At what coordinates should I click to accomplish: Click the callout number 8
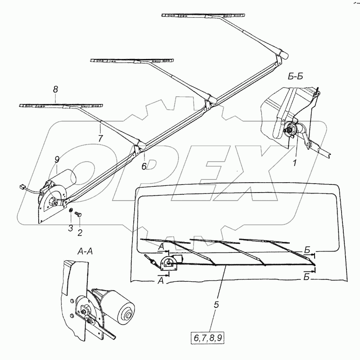(55, 90)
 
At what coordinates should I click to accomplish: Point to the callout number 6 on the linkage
(144, 166)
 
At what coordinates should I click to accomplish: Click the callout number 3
(70, 228)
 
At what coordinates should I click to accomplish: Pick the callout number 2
(80, 232)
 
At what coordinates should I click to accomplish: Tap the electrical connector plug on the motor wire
(22, 186)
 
